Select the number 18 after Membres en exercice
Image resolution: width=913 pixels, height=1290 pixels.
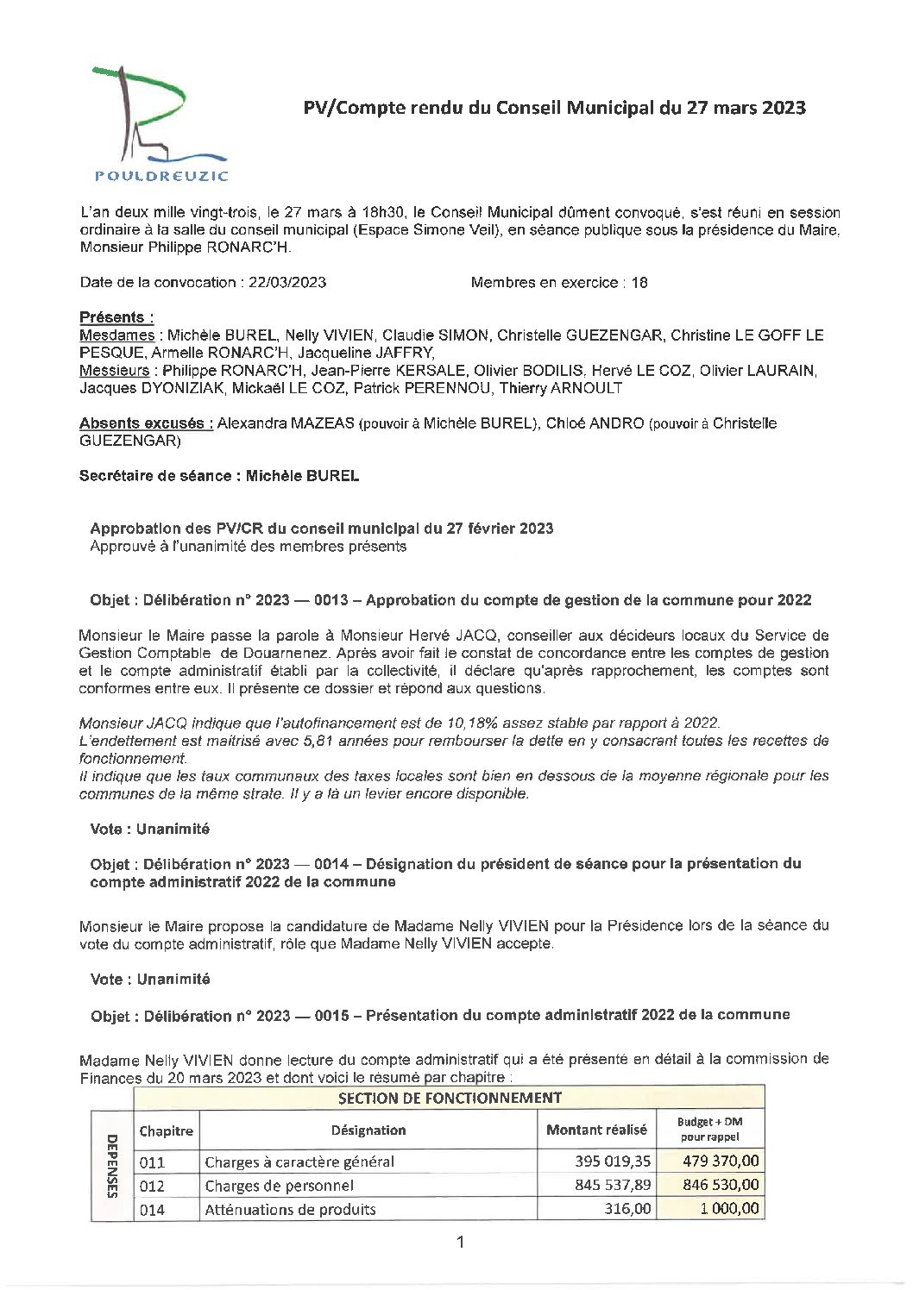[639, 282]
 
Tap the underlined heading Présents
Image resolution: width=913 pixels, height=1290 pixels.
[116, 317]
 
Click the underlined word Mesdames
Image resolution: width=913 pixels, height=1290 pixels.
[116, 335]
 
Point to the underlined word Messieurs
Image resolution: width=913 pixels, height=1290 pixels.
[114, 371]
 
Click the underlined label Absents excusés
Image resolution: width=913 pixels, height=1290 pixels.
[146, 423]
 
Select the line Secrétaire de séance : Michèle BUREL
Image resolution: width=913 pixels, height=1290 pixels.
[219, 476]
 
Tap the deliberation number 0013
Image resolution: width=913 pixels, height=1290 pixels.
[331, 600]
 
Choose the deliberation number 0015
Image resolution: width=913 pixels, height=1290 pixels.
[332, 1015]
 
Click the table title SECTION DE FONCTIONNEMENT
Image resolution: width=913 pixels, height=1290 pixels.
[449, 1098]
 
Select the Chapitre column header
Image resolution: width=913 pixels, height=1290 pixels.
[166, 1130]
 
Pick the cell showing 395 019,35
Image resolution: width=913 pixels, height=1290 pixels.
[613, 1162]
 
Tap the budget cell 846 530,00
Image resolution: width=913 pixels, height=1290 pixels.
[721, 1185]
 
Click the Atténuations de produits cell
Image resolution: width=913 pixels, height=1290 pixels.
[290, 1209]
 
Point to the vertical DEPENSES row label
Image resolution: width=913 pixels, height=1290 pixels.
[112, 1165]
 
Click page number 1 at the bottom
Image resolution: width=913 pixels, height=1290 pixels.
[460, 1242]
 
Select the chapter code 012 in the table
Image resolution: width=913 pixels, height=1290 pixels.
[152, 1186]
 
